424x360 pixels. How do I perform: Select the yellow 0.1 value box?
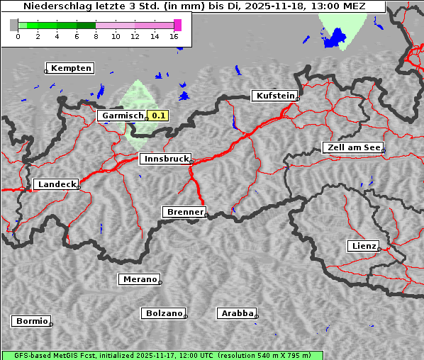[157, 116]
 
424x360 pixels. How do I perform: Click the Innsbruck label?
[165, 159]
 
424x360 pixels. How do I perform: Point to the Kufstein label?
[274, 96]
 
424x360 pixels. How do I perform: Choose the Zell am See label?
[352, 147]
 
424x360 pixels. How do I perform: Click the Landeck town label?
[56, 184]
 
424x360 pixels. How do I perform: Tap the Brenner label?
[184, 212]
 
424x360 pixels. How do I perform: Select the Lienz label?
[363, 246]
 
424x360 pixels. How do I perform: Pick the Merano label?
[139, 279]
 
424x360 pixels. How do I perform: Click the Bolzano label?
[164, 313]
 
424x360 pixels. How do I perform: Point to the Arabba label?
[236, 313]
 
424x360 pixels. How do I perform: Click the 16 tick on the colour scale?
[174, 36]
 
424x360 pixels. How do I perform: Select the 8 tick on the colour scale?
[96, 36]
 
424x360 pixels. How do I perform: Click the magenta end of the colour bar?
[177, 25]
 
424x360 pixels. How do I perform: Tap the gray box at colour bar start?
[13, 25]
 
